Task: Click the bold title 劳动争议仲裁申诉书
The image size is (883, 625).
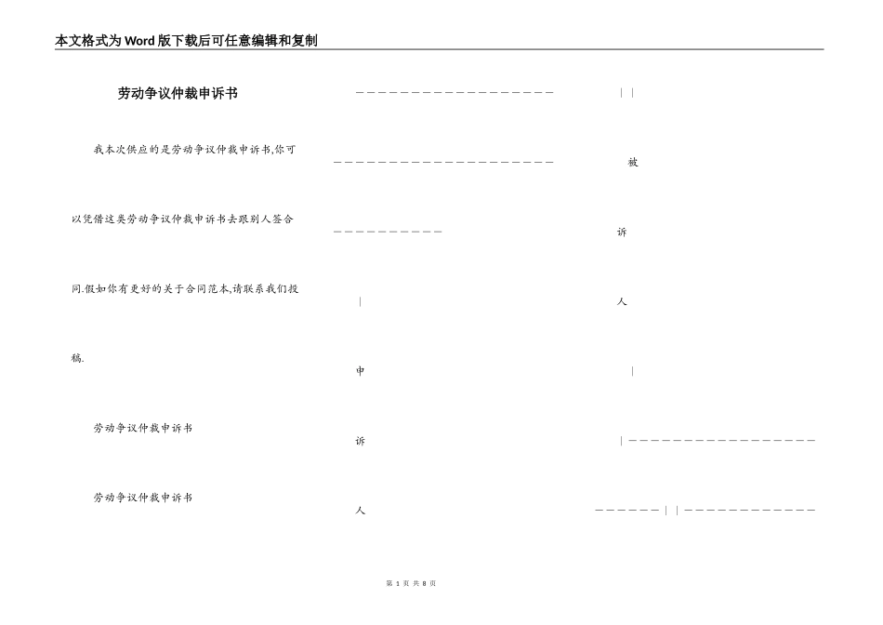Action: click(x=178, y=93)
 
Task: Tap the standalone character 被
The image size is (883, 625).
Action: click(x=633, y=163)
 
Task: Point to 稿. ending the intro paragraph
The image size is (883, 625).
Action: click(x=77, y=358)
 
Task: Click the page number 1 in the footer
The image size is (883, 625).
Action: click(x=397, y=583)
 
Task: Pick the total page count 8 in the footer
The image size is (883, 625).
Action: click(x=424, y=583)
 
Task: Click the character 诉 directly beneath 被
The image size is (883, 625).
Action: click(x=622, y=233)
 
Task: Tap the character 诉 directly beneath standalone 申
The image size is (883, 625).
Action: click(x=361, y=442)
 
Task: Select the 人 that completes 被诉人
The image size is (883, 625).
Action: click(x=622, y=302)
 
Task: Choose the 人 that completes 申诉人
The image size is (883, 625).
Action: click(x=361, y=511)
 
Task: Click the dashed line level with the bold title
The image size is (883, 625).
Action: click(x=455, y=93)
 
